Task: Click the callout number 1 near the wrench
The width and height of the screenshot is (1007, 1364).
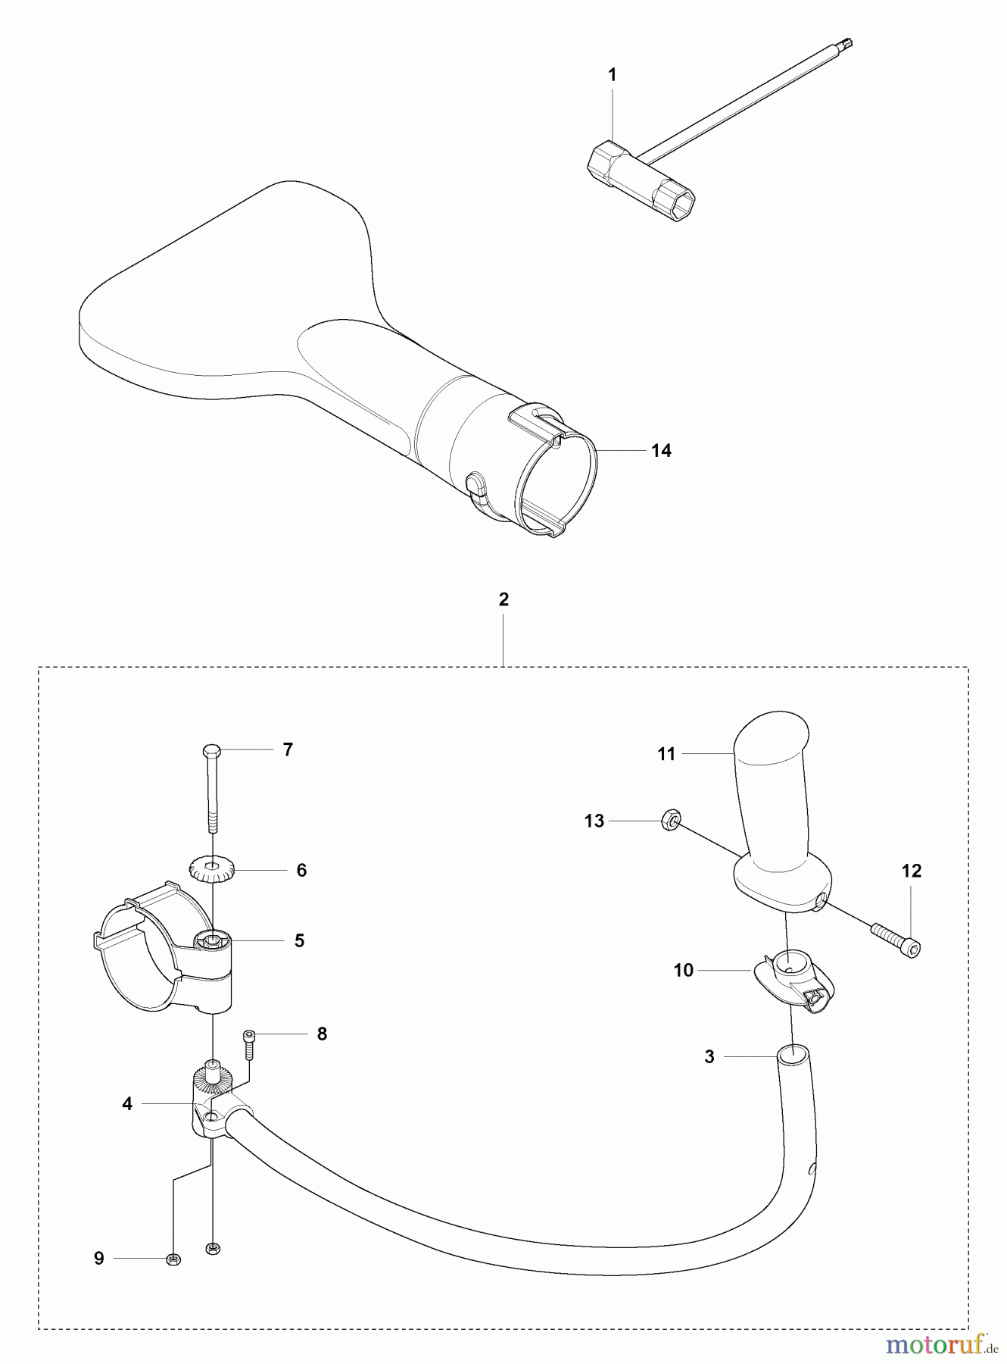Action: click(612, 75)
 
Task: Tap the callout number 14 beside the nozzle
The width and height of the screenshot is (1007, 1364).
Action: click(661, 451)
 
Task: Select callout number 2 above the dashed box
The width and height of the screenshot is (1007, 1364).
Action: click(503, 599)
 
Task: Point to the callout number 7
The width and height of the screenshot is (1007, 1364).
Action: click(287, 749)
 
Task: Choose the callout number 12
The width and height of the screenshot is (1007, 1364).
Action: click(911, 871)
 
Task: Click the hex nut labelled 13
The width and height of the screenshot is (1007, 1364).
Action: click(671, 819)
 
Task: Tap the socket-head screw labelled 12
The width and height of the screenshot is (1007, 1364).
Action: click(897, 937)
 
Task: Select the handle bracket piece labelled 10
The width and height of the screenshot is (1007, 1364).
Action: click(791, 981)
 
